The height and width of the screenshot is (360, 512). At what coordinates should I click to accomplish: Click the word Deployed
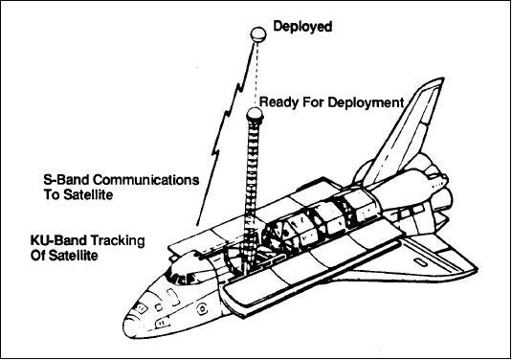click(x=302, y=27)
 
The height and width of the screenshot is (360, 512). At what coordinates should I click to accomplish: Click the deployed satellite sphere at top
click(x=258, y=34)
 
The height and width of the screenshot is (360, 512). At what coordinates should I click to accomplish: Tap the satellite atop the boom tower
click(x=255, y=114)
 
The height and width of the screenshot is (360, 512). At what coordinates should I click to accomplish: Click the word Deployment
click(x=366, y=102)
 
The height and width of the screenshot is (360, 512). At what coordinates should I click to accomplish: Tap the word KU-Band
click(x=58, y=240)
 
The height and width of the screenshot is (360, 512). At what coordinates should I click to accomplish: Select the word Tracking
click(x=117, y=240)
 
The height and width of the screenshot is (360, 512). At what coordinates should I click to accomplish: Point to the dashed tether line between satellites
click(x=257, y=75)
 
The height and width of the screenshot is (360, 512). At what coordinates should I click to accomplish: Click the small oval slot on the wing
click(x=419, y=261)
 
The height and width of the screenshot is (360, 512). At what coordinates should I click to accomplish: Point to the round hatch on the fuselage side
click(x=203, y=308)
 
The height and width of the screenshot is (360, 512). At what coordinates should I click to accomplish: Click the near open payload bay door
click(x=310, y=278)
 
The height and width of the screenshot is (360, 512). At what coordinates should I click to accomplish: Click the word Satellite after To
click(x=88, y=195)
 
